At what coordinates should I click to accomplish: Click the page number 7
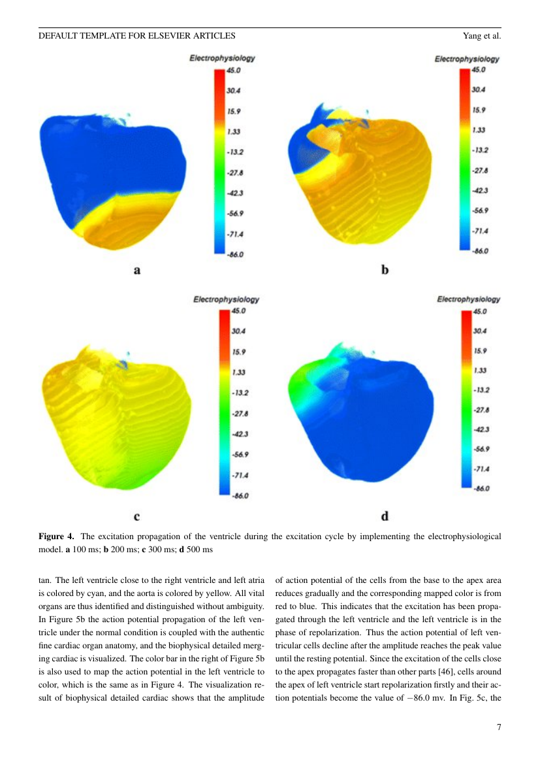(499, 727)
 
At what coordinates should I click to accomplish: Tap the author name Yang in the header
(472, 35)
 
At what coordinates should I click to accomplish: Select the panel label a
(137, 270)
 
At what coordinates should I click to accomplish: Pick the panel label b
(385, 269)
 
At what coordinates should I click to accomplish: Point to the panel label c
(136, 516)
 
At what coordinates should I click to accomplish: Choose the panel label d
(385, 516)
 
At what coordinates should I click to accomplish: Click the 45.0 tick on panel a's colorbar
(233, 70)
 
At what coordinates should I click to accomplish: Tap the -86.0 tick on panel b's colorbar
(480, 251)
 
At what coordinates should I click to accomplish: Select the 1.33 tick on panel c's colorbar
(238, 373)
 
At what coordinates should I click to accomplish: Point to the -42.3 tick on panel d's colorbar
(481, 429)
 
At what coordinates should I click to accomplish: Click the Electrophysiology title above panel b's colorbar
(467, 59)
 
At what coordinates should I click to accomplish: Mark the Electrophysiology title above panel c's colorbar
(226, 299)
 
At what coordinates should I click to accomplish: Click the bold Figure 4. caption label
(57, 537)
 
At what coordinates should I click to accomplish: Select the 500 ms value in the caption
(200, 550)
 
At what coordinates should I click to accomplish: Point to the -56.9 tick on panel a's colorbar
(234, 214)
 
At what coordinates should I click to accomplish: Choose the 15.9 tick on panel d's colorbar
(480, 351)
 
